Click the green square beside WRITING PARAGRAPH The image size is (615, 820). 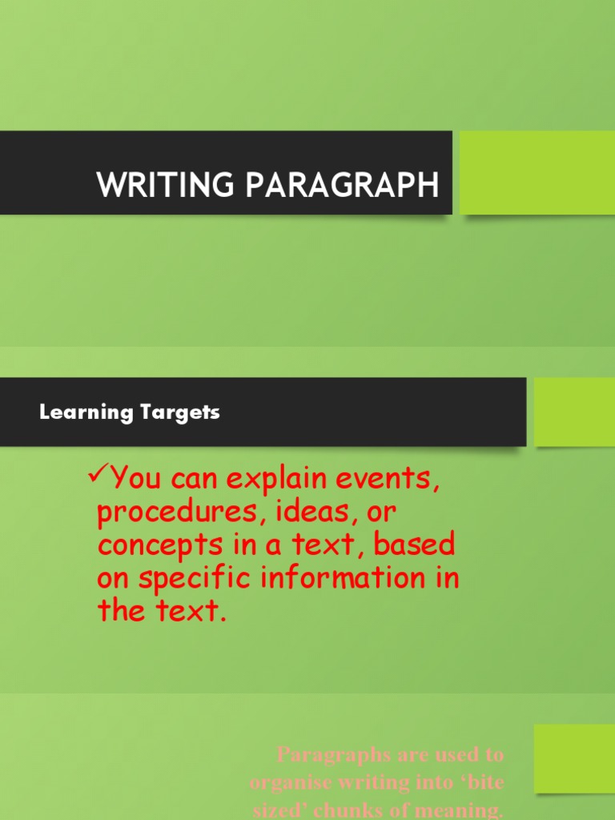click(537, 173)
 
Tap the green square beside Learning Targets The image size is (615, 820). click(574, 412)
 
